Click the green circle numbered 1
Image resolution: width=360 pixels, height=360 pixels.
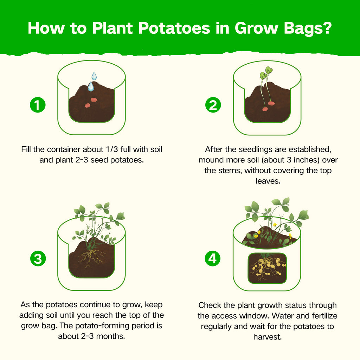[38, 105]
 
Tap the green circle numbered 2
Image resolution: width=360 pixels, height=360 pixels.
[213, 105]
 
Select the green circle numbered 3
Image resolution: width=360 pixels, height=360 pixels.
[38, 258]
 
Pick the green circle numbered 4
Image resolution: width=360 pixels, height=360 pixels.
[213, 258]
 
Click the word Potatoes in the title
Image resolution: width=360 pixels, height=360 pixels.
[174, 28]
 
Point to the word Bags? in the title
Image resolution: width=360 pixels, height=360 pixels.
[308, 28]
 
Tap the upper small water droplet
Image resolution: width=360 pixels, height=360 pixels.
[94, 76]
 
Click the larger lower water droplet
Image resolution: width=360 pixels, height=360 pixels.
[91, 86]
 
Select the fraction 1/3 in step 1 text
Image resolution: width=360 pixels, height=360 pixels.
[112, 149]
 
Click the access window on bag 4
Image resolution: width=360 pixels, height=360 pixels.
[267, 268]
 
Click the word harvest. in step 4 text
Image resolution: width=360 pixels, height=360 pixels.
[268, 337]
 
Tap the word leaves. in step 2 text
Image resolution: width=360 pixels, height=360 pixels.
[268, 181]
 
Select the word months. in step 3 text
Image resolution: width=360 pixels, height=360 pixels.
[110, 336]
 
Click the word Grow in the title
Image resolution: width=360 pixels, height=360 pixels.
[256, 28]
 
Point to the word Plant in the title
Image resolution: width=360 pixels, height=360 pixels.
[112, 28]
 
